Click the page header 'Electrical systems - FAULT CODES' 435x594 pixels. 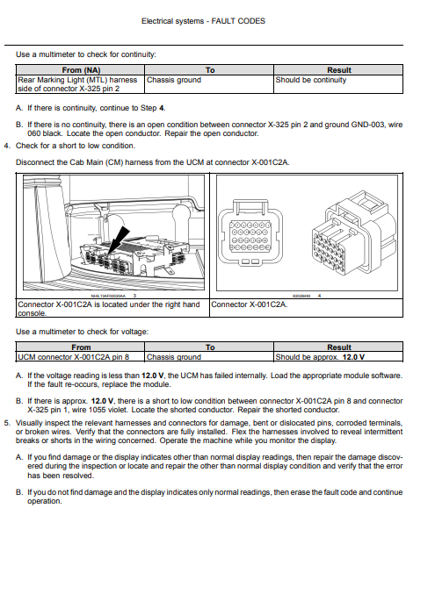click(x=203, y=21)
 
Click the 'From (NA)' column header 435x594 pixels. click(x=81, y=70)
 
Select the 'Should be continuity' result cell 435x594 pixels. click(x=311, y=80)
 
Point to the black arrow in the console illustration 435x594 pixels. click(x=118, y=240)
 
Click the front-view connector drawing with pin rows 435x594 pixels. click(x=250, y=233)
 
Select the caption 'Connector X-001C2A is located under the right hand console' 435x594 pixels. click(x=109, y=309)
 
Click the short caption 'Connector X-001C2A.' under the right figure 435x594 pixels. click(x=250, y=304)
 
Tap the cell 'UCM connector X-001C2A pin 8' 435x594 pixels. click(x=73, y=357)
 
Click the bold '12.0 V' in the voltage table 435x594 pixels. click(x=353, y=357)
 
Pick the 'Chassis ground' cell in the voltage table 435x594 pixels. click(x=174, y=357)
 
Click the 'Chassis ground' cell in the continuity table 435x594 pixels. click(x=174, y=80)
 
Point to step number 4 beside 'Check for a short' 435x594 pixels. click(x=6, y=146)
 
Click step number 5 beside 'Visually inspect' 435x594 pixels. click(x=6, y=423)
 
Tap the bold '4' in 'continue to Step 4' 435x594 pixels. click(x=162, y=108)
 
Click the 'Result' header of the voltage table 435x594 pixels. click(x=339, y=347)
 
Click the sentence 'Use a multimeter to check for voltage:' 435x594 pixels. click(x=83, y=332)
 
